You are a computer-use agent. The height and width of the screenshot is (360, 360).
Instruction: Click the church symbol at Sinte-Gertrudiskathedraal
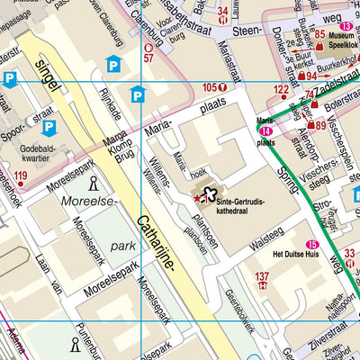click(210, 192)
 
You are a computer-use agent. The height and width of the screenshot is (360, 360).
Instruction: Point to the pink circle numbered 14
click(265, 131)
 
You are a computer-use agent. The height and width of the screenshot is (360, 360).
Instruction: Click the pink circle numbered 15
click(311, 245)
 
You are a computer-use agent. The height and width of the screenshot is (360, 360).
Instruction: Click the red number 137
click(262, 277)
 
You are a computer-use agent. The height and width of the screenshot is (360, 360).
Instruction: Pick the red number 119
click(21, 175)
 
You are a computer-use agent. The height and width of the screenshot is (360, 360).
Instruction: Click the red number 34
click(223, 11)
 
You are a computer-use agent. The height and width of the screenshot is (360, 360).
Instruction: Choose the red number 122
click(282, 89)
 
